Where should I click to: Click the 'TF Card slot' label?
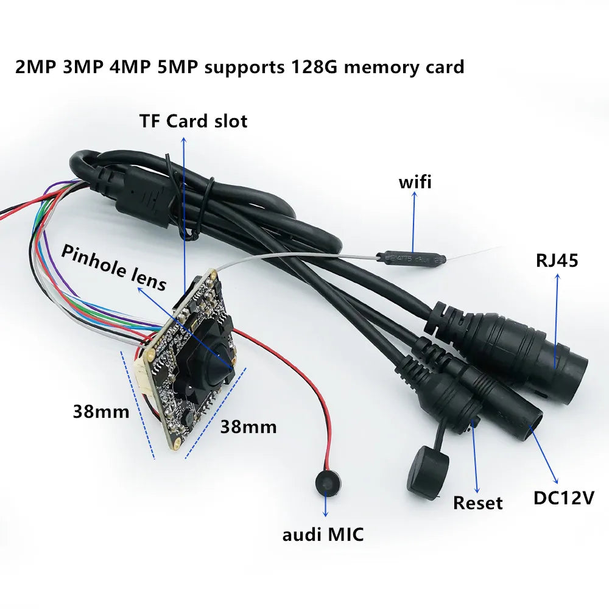(193, 121)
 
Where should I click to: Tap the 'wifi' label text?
(415, 181)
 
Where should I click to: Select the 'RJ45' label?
(557, 261)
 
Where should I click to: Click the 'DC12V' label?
(563, 498)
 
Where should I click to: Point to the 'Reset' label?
(478, 502)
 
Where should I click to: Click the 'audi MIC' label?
(323, 535)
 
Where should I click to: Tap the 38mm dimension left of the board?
(101, 412)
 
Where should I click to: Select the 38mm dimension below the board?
(248, 426)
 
